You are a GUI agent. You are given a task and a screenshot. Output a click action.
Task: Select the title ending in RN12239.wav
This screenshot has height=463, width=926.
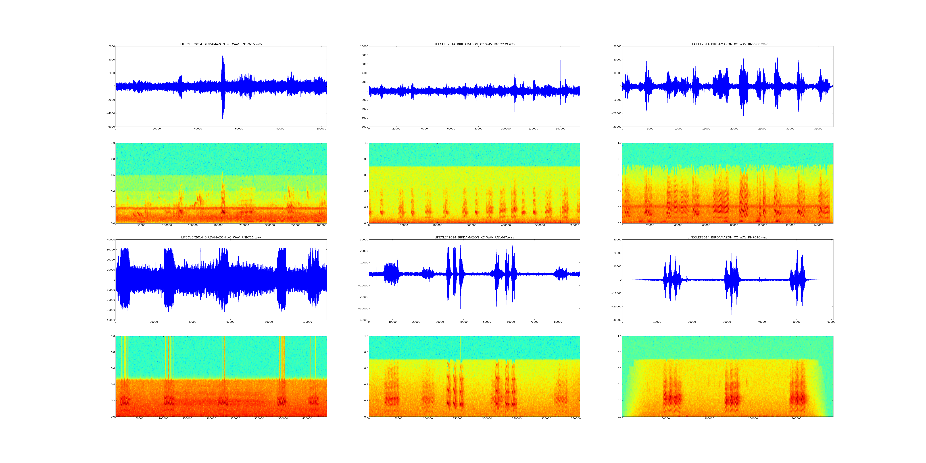coord(474,44)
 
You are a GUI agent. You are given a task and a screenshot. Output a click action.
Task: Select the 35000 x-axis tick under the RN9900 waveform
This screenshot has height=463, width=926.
coord(818,129)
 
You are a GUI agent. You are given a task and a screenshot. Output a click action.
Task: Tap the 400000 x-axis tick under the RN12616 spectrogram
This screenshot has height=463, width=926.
coord(321,225)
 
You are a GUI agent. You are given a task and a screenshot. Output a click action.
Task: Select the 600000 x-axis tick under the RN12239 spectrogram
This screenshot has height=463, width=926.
coord(574,225)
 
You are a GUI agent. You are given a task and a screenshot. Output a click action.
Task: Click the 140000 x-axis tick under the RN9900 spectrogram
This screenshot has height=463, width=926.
coord(818,225)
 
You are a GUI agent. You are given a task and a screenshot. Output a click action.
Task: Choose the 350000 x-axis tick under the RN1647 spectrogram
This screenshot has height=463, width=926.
coord(576,418)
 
